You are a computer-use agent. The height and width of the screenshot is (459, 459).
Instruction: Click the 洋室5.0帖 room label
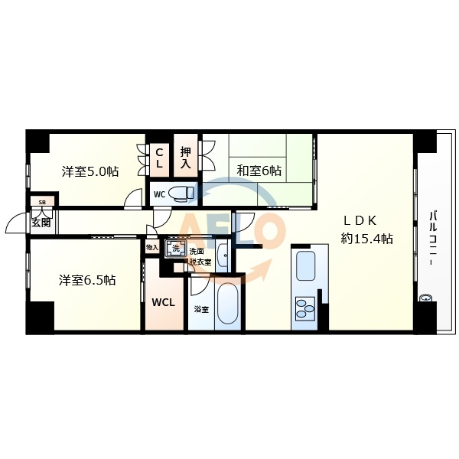pyautogui.click(x=90, y=171)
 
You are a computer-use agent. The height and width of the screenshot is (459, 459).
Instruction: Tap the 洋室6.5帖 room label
pyautogui.click(x=87, y=280)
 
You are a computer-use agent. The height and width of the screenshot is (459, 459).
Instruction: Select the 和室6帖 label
pyautogui.click(x=259, y=171)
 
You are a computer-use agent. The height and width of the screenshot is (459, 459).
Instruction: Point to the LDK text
pyautogui.click(x=360, y=221)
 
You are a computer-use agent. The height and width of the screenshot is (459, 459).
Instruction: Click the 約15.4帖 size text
pyautogui.click(x=366, y=239)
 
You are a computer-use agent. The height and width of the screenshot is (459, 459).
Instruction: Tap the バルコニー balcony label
pyautogui.click(x=433, y=238)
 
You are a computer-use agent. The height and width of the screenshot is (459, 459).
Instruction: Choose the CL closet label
pyautogui.click(x=159, y=158)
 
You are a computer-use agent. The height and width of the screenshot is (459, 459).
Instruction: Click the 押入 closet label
pyautogui.click(x=186, y=158)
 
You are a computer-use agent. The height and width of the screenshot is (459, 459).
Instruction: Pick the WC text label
pyautogui.click(x=160, y=194)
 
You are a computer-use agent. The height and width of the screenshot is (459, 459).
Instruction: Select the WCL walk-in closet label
pyautogui.click(x=163, y=302)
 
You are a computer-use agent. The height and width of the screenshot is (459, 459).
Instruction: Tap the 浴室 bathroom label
pyautogui.click(x=201, y=309)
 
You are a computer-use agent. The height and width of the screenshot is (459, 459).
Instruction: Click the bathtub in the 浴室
pyautogui.click(x=228, y=303)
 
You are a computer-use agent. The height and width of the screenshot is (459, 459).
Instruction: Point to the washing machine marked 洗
pyautogui.click(x=176, y=249)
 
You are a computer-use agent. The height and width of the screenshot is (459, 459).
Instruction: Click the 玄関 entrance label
pyautogui.click(x=41, y=223)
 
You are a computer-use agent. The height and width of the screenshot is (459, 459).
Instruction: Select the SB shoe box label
pyautogui.click(x=42, y=202)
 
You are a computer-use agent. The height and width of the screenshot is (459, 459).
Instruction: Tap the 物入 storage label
pyautogui.click(x=152, y=248)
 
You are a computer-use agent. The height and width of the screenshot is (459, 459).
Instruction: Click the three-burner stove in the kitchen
pyautogui.click(x=305, y=308)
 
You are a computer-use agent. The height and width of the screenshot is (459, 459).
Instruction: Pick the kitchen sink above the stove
pyautogui.click(x=306, y=265)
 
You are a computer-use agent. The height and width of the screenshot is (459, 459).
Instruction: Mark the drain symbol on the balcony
pyautogui.click(x=425, y=298)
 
